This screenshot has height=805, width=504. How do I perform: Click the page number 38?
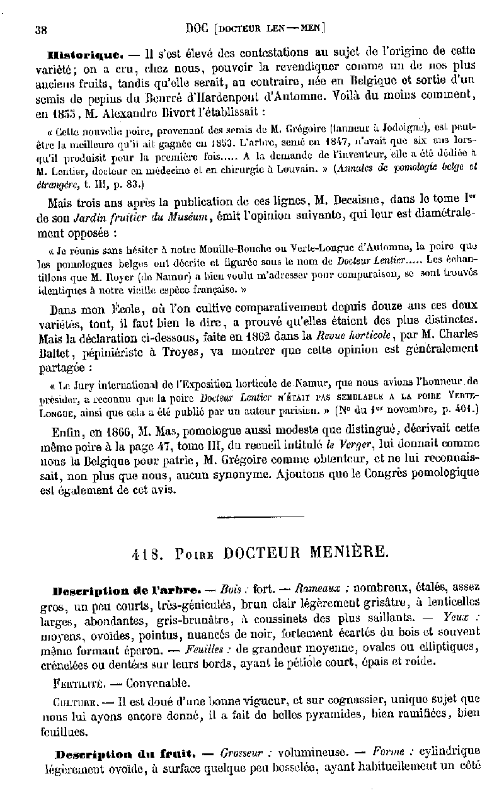click(x=43, y=29)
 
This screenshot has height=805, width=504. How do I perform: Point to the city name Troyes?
click(x=181, y=351)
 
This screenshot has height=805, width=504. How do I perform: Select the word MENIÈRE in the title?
click(x=350, y=552)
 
